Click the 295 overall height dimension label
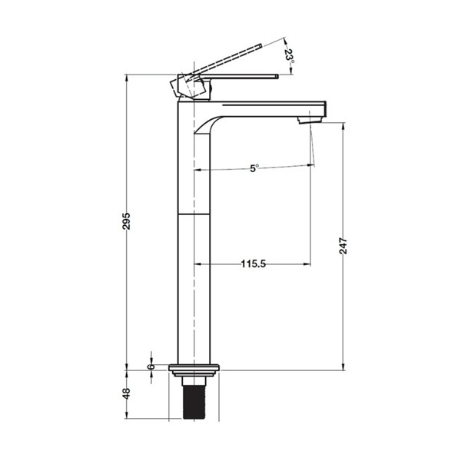tap(126, 221)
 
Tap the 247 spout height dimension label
tap(343, 246)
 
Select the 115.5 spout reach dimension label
tap(254, 264)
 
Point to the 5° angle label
tap(254, 168)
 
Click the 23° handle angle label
tap(290, 56)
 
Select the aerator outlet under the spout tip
tap(310, 120)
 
